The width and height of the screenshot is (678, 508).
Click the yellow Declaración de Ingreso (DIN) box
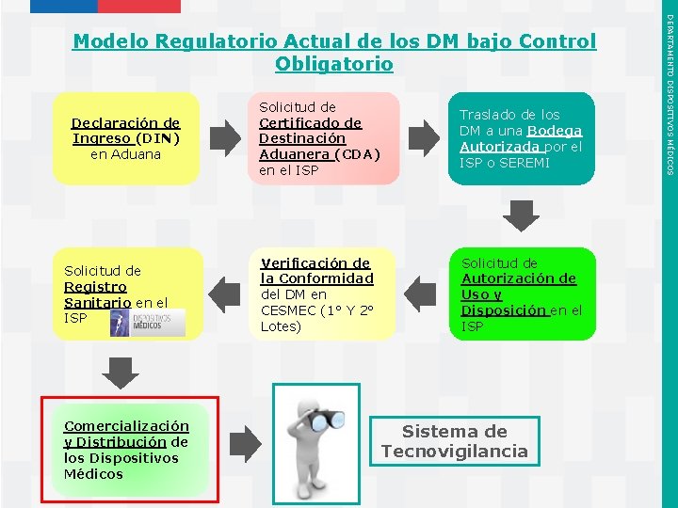tap(126, 138)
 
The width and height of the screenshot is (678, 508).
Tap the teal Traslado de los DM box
tap(522, 138)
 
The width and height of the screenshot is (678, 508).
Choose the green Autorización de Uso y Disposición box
tap(522, 294)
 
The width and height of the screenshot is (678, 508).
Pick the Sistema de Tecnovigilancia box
tap(454, 441)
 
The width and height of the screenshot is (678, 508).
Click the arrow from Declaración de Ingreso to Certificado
tap(225, 138)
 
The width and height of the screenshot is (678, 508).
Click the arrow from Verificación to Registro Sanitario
tap(226, 293)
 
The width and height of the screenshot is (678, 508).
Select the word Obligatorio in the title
tap(334, 65)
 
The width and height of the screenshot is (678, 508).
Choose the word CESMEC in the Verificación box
tap(283, 310)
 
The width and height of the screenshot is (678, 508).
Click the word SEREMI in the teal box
tap(532, 163)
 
